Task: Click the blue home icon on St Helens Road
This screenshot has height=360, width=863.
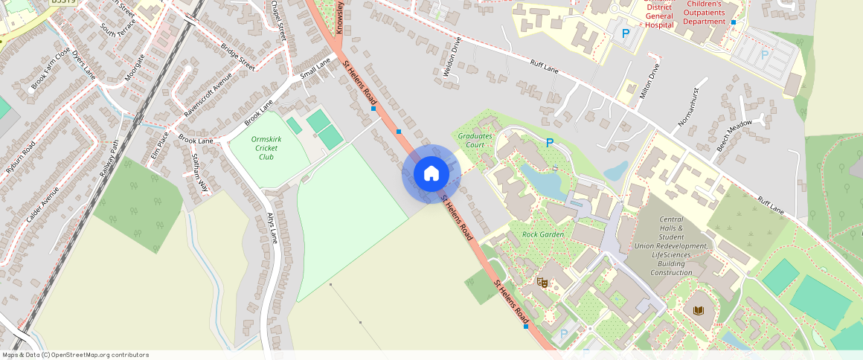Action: click(431, 174)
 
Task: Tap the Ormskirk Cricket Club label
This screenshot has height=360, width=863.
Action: click(266, 148)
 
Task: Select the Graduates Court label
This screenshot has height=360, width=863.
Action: click(475, 141)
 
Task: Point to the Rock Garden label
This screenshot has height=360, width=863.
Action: click(542, 234)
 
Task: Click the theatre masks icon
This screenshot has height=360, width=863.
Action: click(542, 283)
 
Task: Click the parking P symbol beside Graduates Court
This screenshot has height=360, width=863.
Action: click(550, 143)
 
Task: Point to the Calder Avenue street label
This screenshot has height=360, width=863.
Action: click(42, 204)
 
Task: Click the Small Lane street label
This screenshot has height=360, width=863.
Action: click(315, 69)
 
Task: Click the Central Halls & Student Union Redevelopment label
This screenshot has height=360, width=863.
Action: click(671, 246)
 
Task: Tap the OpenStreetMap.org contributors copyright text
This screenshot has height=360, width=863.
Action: click(75, 355)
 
